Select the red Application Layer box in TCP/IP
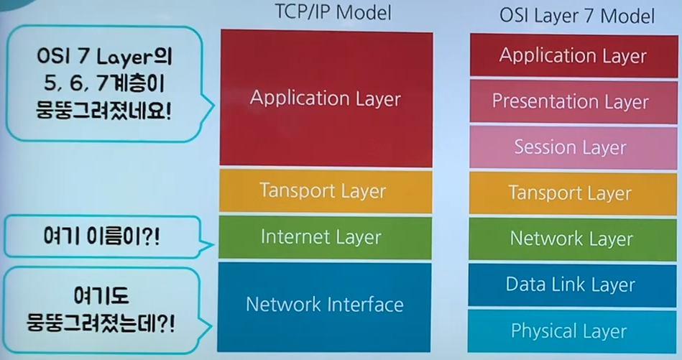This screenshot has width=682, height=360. (326, 98)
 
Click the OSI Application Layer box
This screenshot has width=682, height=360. (573, 55)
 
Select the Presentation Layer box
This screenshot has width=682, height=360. (570, 101)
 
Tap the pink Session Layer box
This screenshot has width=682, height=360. (570, 148)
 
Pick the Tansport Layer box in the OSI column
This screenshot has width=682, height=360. (570, 193)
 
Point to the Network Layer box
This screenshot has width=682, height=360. (571, 239)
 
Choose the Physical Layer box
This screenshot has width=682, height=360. (569, 331)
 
